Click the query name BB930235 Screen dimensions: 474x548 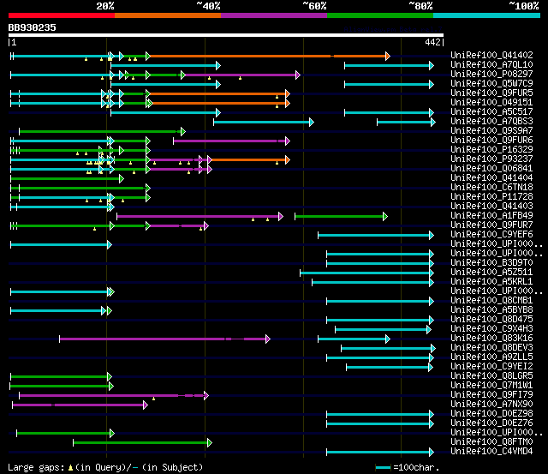[33, 27]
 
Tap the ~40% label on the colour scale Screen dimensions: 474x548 [208, 5]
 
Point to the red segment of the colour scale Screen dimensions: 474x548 [61, 15]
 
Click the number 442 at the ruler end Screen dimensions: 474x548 [432, 42]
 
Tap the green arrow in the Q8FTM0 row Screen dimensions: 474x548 [142, 442]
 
